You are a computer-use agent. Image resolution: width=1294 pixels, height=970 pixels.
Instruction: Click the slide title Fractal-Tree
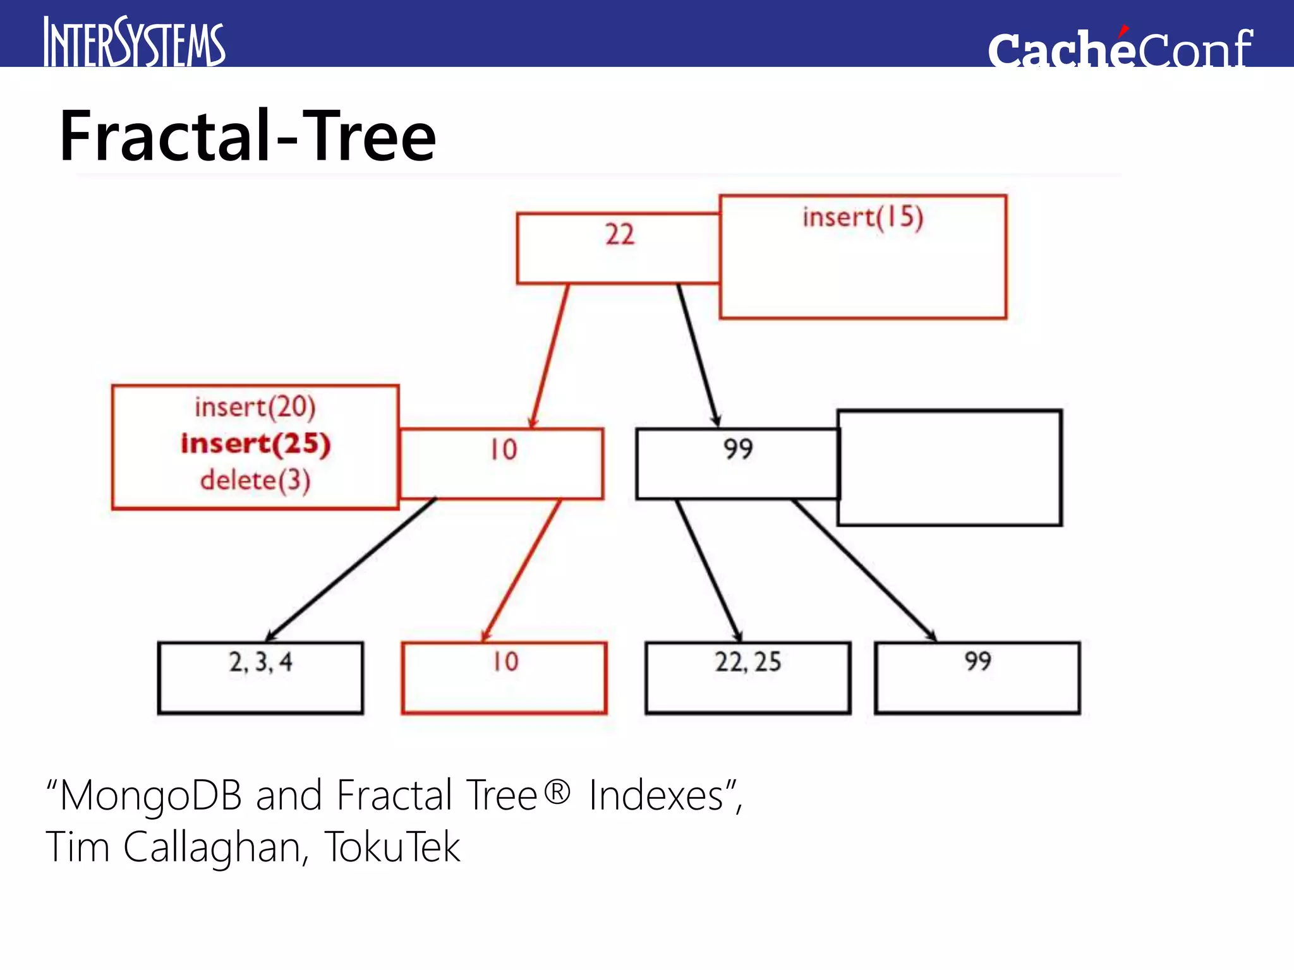[248, 136]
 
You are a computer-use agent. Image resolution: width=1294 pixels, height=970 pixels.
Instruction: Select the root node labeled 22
[618, 248]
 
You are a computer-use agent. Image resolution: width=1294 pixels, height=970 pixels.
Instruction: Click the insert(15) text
[862, 217]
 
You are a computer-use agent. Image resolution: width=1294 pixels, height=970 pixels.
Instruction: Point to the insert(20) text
[255, 407]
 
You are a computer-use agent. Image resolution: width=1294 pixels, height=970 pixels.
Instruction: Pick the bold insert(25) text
[255, 443]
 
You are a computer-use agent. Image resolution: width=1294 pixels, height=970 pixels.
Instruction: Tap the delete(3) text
[255, 480]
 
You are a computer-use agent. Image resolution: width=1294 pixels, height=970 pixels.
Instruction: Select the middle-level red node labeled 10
[502, 464]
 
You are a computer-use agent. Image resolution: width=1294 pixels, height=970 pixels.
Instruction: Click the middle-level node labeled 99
[737, 464]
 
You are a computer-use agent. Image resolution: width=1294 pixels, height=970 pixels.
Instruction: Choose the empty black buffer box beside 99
[950, 468]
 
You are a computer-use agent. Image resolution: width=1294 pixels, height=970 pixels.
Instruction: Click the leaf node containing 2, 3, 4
[260, 678]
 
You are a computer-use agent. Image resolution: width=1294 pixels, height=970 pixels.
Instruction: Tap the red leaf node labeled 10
[504, 678]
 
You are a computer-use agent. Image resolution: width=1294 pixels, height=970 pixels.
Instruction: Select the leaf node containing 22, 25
[748, 678]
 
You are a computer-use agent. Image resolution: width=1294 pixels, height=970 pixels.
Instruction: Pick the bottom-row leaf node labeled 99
[977, 678]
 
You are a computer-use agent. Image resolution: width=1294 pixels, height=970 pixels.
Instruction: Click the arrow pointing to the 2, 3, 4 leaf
[351, 568]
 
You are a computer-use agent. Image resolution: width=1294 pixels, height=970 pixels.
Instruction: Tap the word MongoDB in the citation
[151, 795]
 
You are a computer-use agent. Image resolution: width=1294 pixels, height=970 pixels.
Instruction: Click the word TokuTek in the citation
[392, 847]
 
